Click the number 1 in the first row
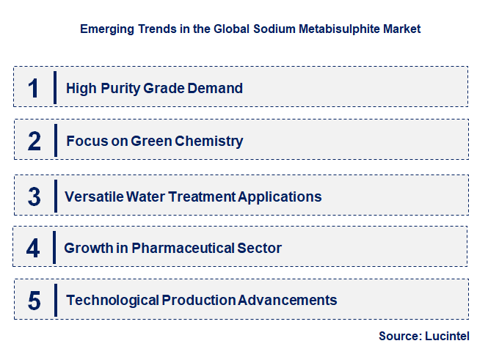pos(33,88)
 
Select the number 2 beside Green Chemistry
pos(34,141)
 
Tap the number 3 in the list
pos(34,196)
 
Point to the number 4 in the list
pos(33,248)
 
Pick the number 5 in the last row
pos(34,300)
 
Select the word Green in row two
pos(150,141)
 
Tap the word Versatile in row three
pos(92,196)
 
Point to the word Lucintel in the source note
pos(446,336)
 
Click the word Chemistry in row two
pos(208,141)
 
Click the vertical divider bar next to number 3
pos(54,196)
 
